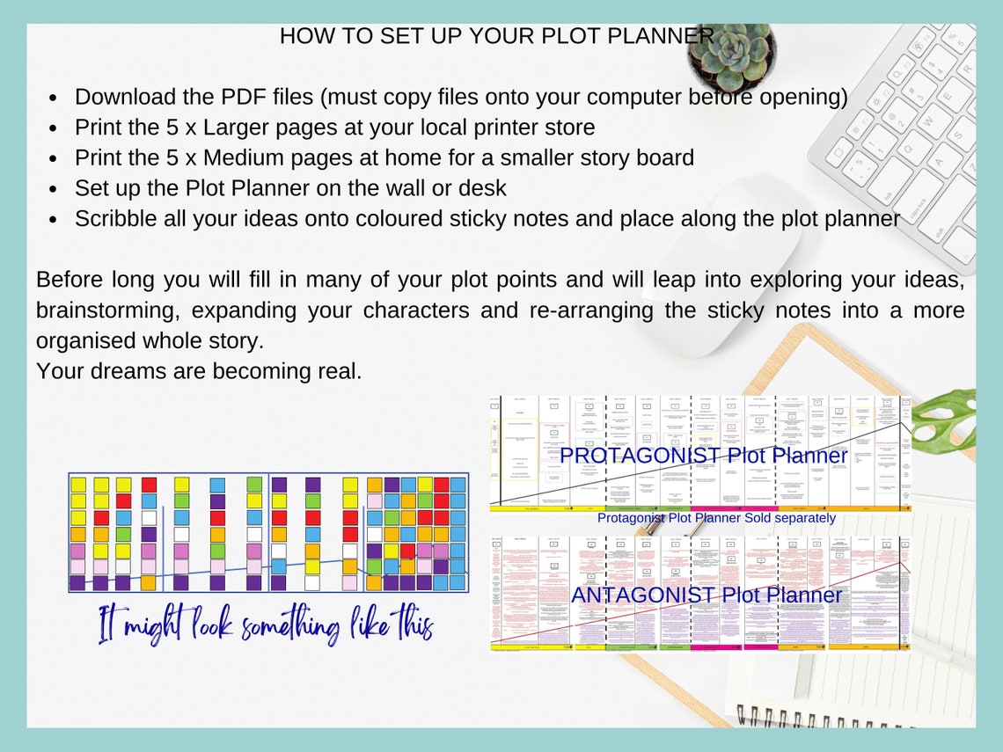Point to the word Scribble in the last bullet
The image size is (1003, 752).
pyautogui.click(x=115, y=218)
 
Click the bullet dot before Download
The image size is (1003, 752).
pyautogui.click(x=54, y=98)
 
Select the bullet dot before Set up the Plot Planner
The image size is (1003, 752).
pyautogui.click(x=54, y=189)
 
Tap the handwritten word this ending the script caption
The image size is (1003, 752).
pyautogui.click(x=413, y=625)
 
